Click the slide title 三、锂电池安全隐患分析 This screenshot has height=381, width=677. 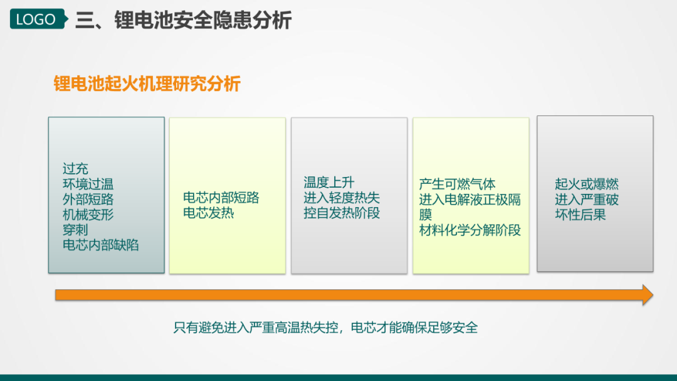[184, 20]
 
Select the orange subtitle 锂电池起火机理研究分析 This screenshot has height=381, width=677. [147, 83]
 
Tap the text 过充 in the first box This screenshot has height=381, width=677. [75, 169]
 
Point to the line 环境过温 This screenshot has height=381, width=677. [88, 185]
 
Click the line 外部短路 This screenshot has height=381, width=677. [88, 200]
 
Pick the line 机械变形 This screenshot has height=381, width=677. [88, 215]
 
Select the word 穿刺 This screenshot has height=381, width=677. [75, 230]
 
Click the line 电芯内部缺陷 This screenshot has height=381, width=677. [100, 245]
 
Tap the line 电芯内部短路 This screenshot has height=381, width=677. [221, 198]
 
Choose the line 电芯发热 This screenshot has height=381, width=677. [209, 213]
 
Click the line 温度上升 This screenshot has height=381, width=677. [329, 183]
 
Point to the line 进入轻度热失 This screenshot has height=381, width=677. [342, 198]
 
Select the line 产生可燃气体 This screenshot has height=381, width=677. [457, 185]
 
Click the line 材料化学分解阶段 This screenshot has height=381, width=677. [470, 230]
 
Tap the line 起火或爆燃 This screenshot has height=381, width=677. [587, 185]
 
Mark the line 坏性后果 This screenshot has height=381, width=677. [580, 215]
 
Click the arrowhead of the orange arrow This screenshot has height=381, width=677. [648, 295]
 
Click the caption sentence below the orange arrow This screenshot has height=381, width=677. [325, 328]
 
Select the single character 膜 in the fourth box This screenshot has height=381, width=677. [425, 215]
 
